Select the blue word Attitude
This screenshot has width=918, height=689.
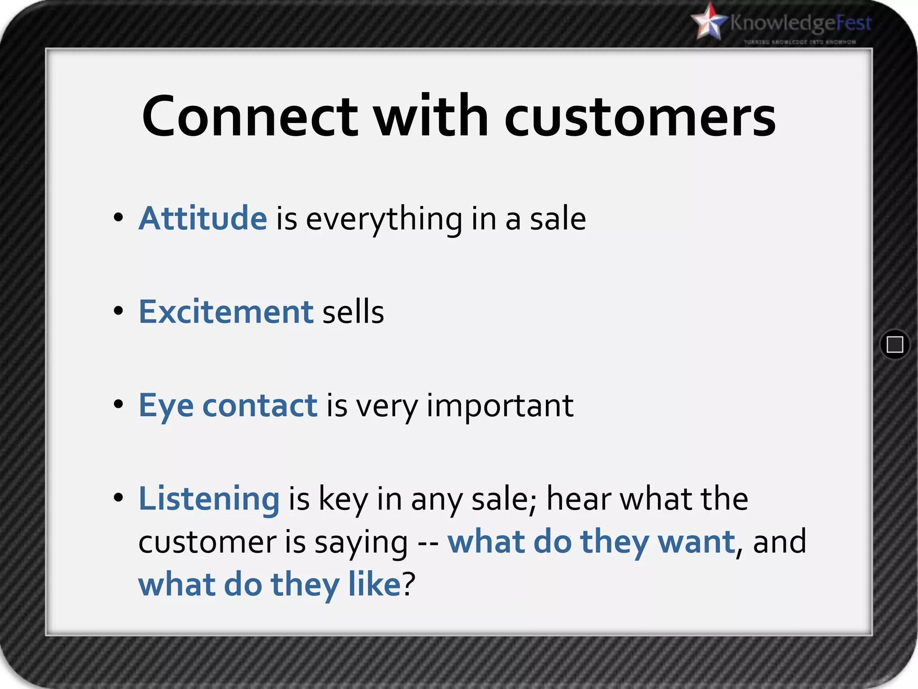pyautogui.click(x=203, y=218)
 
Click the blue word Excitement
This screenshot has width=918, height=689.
pyautogui.click(x=226, y=312)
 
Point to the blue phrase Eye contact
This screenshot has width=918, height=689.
pyautogui.click(x=228, y=406)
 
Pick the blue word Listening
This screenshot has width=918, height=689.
pyautogui.click(x=209, y=499)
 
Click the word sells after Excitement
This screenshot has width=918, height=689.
pyautogui.click(x=353, y=312)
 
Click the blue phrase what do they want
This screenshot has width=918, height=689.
pyautogui.click(x=591, y=542)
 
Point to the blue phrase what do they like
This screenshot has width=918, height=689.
pyautogui.click(x=269, y=584)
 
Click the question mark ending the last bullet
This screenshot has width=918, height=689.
pyautogui.click(x=409, y=584)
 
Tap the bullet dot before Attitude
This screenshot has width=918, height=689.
pyautogui.click(x=118, y=218)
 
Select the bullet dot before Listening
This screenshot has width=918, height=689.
pyautogui.click(x=118, y=497)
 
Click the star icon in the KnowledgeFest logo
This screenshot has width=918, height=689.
pyautogui.click(x=710, y=22)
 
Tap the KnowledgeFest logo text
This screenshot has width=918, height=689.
pyautogui.click(x=801, y=23)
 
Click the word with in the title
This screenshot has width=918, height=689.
pyautogui.click(x=431, y=117)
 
